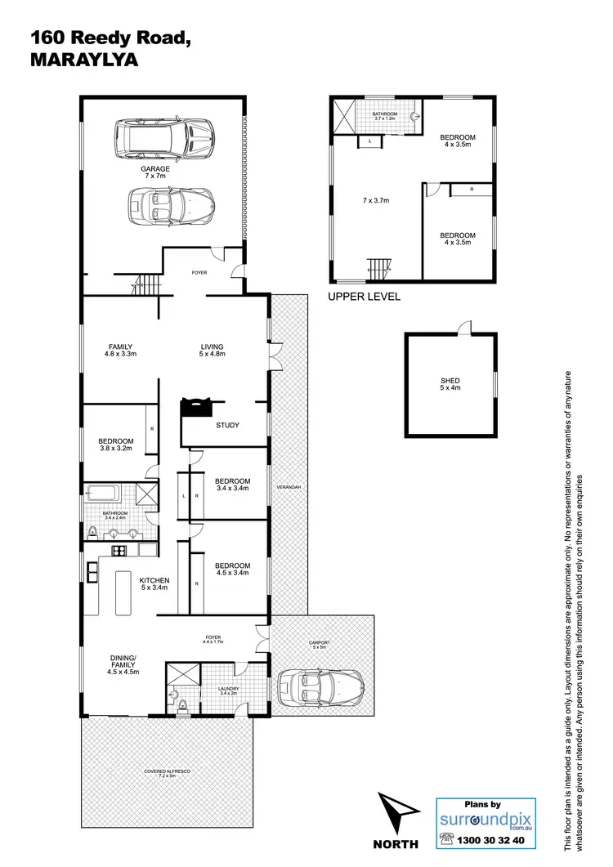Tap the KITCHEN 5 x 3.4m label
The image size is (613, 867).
click(154, 584)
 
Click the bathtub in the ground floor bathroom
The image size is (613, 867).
click(103, 494)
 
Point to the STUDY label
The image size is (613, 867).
click(228, 425)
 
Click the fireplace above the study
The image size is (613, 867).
click(197, 406)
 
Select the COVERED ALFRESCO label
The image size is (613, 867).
click(167, 773)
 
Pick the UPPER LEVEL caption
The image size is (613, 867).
click(364, 297)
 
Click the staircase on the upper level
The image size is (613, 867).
click(379, 267)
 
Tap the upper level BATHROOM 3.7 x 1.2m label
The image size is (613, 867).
click(384, 116)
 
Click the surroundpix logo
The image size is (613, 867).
click(485, 818)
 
